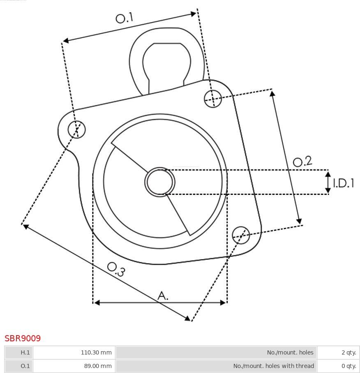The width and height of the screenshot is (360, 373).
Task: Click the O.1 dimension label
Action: point(125,18)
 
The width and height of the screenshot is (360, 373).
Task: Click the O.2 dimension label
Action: point(302,161)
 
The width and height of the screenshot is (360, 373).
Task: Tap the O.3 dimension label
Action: point(116,269)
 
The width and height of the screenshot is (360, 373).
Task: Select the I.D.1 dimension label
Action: point(344,183)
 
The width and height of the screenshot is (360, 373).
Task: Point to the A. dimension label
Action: point(163,296)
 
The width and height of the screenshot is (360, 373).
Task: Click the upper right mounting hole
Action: point(213,98)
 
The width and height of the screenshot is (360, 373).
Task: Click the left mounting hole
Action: point(76,129)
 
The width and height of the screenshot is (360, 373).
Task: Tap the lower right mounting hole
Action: point(241,235)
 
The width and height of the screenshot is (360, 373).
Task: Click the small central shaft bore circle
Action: point(160,182)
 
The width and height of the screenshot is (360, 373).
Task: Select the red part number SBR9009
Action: point(23,338)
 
